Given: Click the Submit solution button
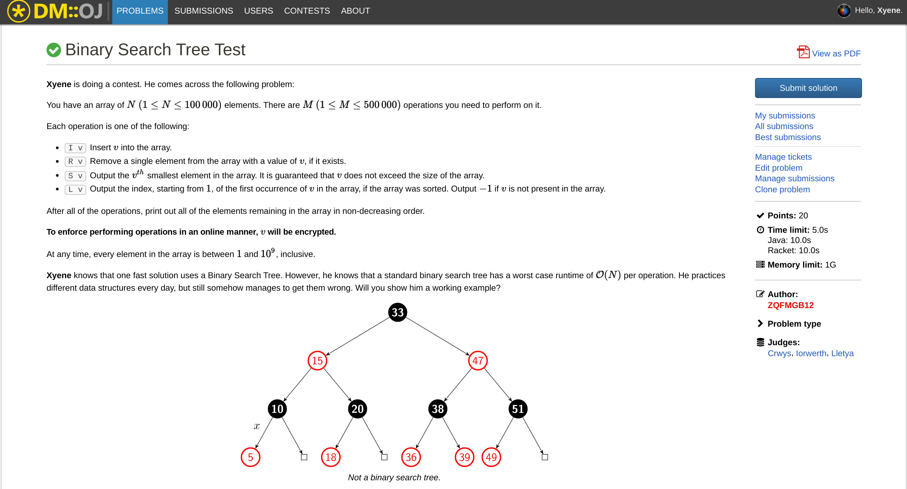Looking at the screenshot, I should (x=808, y=88).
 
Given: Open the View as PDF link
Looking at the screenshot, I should (x=836, y=53).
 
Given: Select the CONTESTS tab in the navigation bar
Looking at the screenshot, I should (x=307, y=11).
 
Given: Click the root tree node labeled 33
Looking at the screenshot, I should (x=397, y=312).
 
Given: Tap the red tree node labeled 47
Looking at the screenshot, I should (x=478, y=360).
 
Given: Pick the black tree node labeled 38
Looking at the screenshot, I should (x=437, y=409).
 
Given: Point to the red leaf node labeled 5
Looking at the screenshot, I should (x=250, y=457).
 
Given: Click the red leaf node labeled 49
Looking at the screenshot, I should (x=491, y=457).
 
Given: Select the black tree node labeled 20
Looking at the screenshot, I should (x=357, y=409).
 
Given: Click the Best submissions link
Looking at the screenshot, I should (x=788, y=137).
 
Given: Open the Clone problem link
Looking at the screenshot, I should (x=782, y=190).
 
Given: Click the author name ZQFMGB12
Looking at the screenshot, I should (x=790, y=305).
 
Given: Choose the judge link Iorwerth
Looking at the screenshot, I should (x=811, y=354).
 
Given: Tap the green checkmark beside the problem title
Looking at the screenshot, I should (x=54, y=50).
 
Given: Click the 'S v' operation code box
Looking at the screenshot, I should (x=75, y=176).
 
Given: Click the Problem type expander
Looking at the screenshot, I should (x=794, y=324).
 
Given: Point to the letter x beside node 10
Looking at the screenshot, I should (x=257, y=426).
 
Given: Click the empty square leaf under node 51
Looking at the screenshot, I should (x=544, y=457).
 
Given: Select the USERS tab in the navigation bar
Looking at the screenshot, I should (x=258, y=11).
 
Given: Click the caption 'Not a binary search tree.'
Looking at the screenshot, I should (x=394, y=478).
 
